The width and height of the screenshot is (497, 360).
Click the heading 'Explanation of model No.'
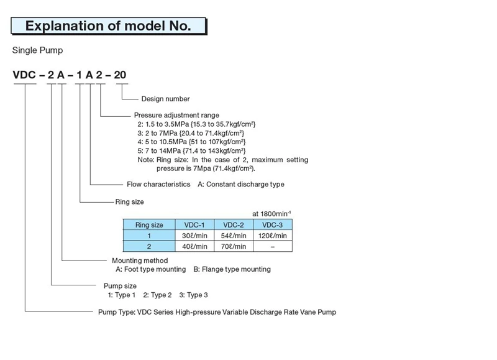click(x=108, y=25)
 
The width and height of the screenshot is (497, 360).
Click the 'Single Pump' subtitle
click(x=37, y=50)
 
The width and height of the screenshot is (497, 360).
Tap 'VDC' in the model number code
click(x=24, y=75)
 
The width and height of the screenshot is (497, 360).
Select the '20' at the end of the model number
click(x=120, y=75)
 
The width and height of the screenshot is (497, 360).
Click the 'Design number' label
click(x=165, y=99)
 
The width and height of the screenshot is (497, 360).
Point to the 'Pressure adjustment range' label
click(x=176, y=115)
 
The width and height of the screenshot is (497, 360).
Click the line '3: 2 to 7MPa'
click(x=191, y=133)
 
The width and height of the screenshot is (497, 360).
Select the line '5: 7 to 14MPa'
click(x=191, y=150)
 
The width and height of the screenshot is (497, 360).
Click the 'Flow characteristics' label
click(x=158, y=184)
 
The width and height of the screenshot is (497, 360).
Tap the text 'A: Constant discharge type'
click(x=241, y=184)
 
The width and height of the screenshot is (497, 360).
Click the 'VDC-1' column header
click(x=194, y=225)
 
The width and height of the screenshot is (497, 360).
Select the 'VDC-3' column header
click(x=272, y=225)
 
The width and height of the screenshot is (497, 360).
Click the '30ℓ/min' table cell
click(x=194, y=236)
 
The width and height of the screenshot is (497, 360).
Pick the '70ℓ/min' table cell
click(x=234, y=246)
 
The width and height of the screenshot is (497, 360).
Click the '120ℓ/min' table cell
click(x=273, y=236)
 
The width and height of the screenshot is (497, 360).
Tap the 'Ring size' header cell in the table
click(x=149, y=225)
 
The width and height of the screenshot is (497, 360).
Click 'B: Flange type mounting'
click(x=232, y=269)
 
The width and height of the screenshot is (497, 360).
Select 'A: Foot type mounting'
click(x=150, y=269)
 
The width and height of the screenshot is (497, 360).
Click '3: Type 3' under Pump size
click(x=193, y=295)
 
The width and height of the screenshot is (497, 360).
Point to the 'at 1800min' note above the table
click(x=271, y=213)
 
